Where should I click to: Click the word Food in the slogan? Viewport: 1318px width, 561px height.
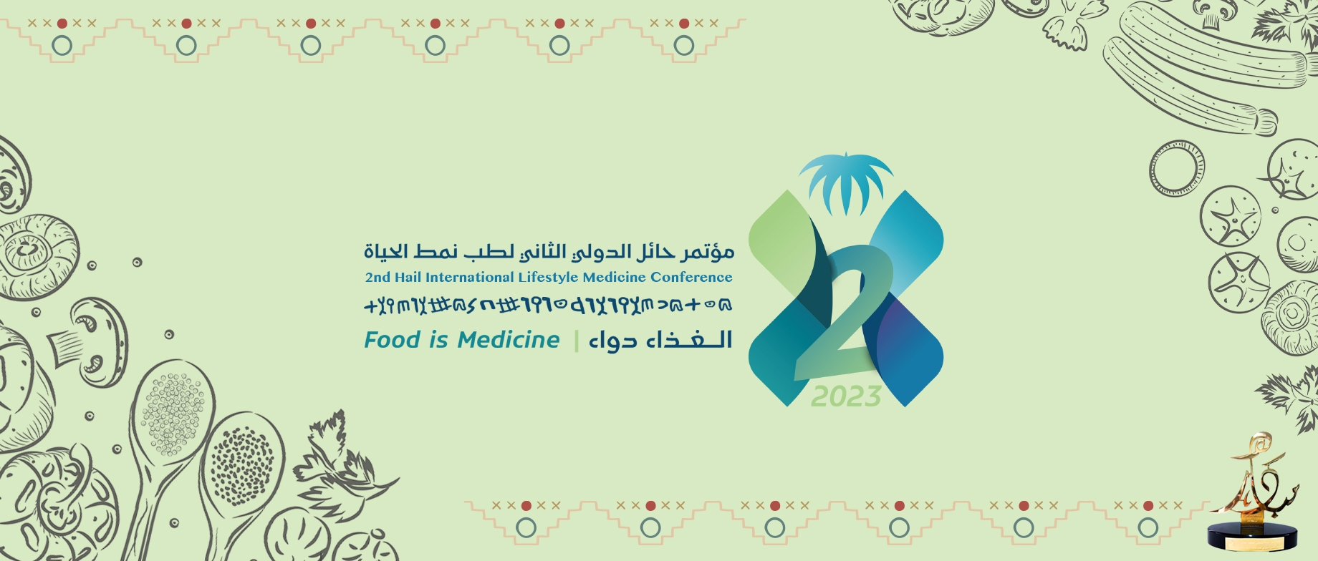pyautogui.click(x=391, y=340)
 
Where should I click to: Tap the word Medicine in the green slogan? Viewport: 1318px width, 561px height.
pyautogui.click(x=509, y=340)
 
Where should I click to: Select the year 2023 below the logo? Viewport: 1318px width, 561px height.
pyautogui.click(x=846, y=396)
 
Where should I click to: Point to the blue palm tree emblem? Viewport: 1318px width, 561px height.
pyautogui.click(x=846, y=182)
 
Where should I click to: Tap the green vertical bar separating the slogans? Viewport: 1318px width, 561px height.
pyautogui.click(x=576, y=341)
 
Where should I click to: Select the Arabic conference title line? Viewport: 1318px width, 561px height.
pyautogui.click(x=549, y=252)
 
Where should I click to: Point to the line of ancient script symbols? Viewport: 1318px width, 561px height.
pyautogui.click(x=549, y=306)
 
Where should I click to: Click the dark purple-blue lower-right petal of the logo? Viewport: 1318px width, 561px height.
pyautogui.click(x=913, y=351)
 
